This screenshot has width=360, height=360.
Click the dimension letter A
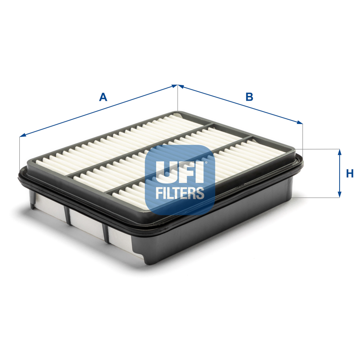point(103,97)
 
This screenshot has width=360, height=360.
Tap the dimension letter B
point(249,97)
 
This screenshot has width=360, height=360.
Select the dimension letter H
point(350,174)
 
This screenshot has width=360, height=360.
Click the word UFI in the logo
point(180,172)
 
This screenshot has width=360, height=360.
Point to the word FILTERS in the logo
point(180,193)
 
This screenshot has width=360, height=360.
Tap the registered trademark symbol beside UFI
point(206,162)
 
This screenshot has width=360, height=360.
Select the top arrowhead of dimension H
point(340,152)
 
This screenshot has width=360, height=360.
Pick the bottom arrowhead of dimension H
point(340,194)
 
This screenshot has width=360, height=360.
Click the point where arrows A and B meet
point(178,85)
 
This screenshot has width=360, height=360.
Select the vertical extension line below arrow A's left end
point(19,153)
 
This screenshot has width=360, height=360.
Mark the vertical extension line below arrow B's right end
point(303,136)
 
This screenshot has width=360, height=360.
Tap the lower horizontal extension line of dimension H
point(319,197)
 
